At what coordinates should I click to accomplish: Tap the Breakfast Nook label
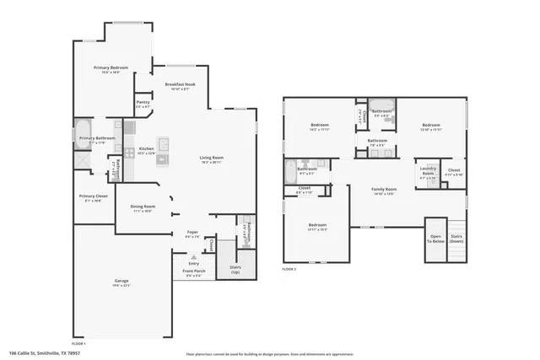181,86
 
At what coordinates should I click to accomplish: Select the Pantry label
143,104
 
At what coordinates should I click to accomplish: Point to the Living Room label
211,159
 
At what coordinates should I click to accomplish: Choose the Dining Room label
142,208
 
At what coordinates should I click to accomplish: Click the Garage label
121,282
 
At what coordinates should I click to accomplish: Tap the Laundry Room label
428,173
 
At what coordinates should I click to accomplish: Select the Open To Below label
435,239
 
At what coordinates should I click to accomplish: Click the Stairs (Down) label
456,239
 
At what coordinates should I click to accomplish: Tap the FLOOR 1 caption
78,344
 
